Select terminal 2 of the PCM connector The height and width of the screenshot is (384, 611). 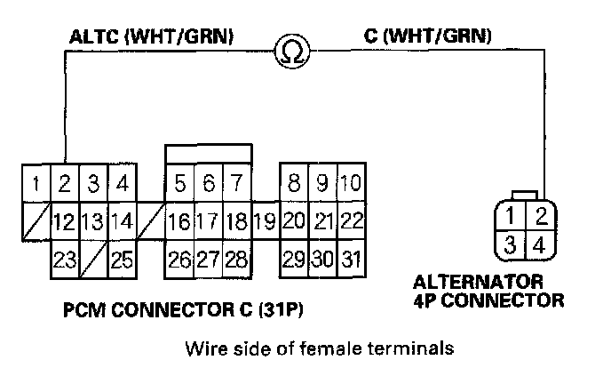(64, 186)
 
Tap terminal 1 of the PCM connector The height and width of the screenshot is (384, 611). (35, 186)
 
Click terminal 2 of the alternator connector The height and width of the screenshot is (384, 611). (537, 215)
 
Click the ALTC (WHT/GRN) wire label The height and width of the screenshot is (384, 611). (152, 37)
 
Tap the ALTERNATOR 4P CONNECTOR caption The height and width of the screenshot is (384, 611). (489, 292)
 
